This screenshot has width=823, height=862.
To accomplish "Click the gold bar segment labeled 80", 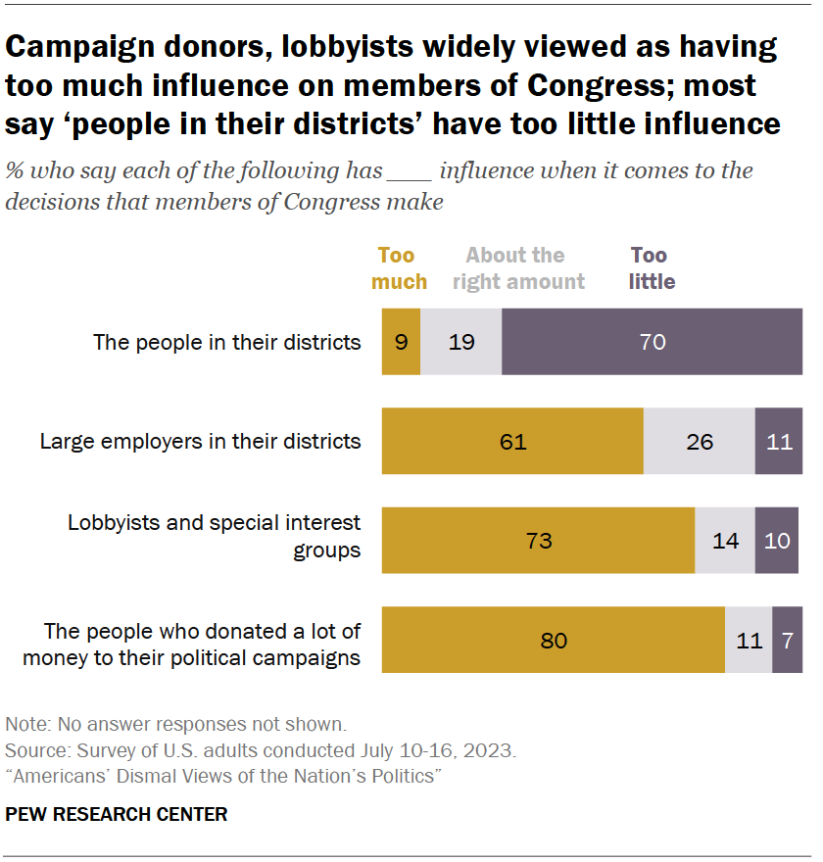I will (553, 640).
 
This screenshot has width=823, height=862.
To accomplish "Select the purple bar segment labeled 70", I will (652, 342).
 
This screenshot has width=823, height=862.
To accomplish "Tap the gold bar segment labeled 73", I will (538, 540).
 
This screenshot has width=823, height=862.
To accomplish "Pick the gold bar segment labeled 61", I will (512, 442).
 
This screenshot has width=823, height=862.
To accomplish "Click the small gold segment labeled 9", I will (401, 342).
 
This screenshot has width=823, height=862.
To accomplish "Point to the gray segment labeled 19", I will (460, 342).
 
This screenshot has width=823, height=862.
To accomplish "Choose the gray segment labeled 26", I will (699, 442).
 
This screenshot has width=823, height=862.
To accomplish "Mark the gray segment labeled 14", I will (724, 540).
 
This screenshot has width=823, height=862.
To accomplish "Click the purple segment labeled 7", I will (787, 640).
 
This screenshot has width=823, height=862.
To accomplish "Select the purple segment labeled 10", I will (776, 540).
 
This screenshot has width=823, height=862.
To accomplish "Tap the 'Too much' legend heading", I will (402, 268).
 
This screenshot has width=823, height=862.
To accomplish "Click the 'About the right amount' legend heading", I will (514, 268).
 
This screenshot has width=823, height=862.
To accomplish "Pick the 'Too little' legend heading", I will (652, 268).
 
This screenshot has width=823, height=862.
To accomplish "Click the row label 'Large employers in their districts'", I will (200, 441).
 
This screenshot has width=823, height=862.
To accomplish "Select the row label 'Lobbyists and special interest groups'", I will (214, 536).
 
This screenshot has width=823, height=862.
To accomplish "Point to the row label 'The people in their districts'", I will (226, 342).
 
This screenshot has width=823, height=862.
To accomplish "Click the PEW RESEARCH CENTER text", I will (117, 814).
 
